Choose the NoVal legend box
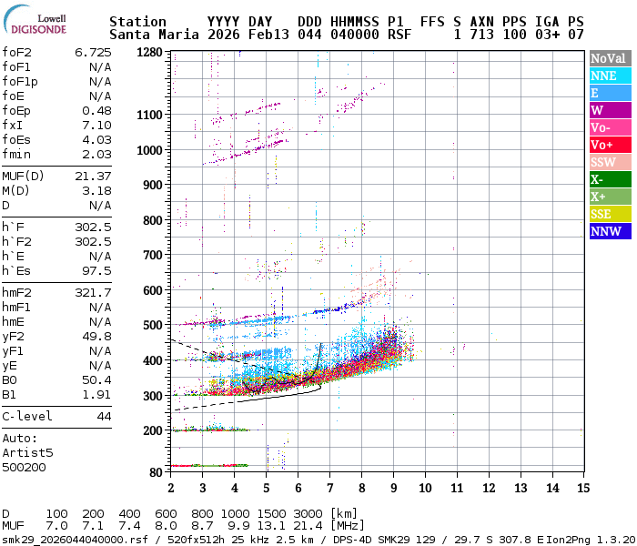(x=608, y=58)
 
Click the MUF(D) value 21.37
(x=93, y=176)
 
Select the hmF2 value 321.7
(x=93, y=292)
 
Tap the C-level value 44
(x=104, y=416)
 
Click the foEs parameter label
(x=19, y=139)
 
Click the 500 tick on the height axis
(x=155, y=325)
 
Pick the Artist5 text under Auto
(x=27, y=452)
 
